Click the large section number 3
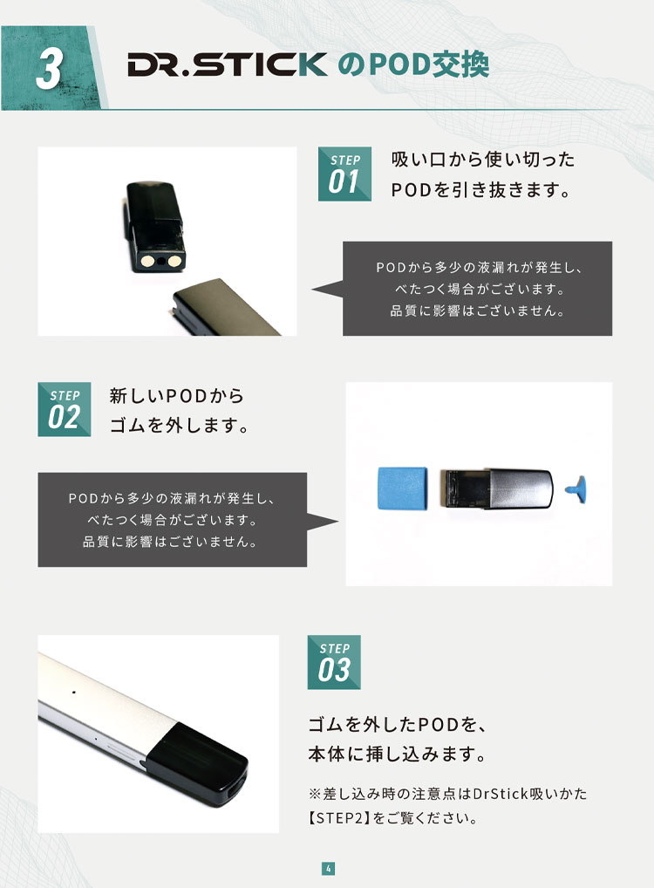(x=49, y=68)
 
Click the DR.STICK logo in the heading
(x=227, y=64)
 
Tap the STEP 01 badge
(x=344, y=174)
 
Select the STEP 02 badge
(x=64, y=409)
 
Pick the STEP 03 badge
(x=334, y=662)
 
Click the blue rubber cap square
(x=403, y=488)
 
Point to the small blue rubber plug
(x=576, y=488)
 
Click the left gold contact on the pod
(x=147, y=261)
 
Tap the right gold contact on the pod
(x=174, y=261)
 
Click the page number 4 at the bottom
(x=329, y=868)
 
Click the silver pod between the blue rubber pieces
(x=496, y=488)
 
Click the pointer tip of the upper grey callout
(x=312, y=290)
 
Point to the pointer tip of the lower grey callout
(x=338, y=521)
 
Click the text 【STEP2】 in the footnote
(x=339, y=817)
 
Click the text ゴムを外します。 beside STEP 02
(x=179, y=425)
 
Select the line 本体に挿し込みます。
(x=397, y=754)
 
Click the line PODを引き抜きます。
(x=480, y=189)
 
